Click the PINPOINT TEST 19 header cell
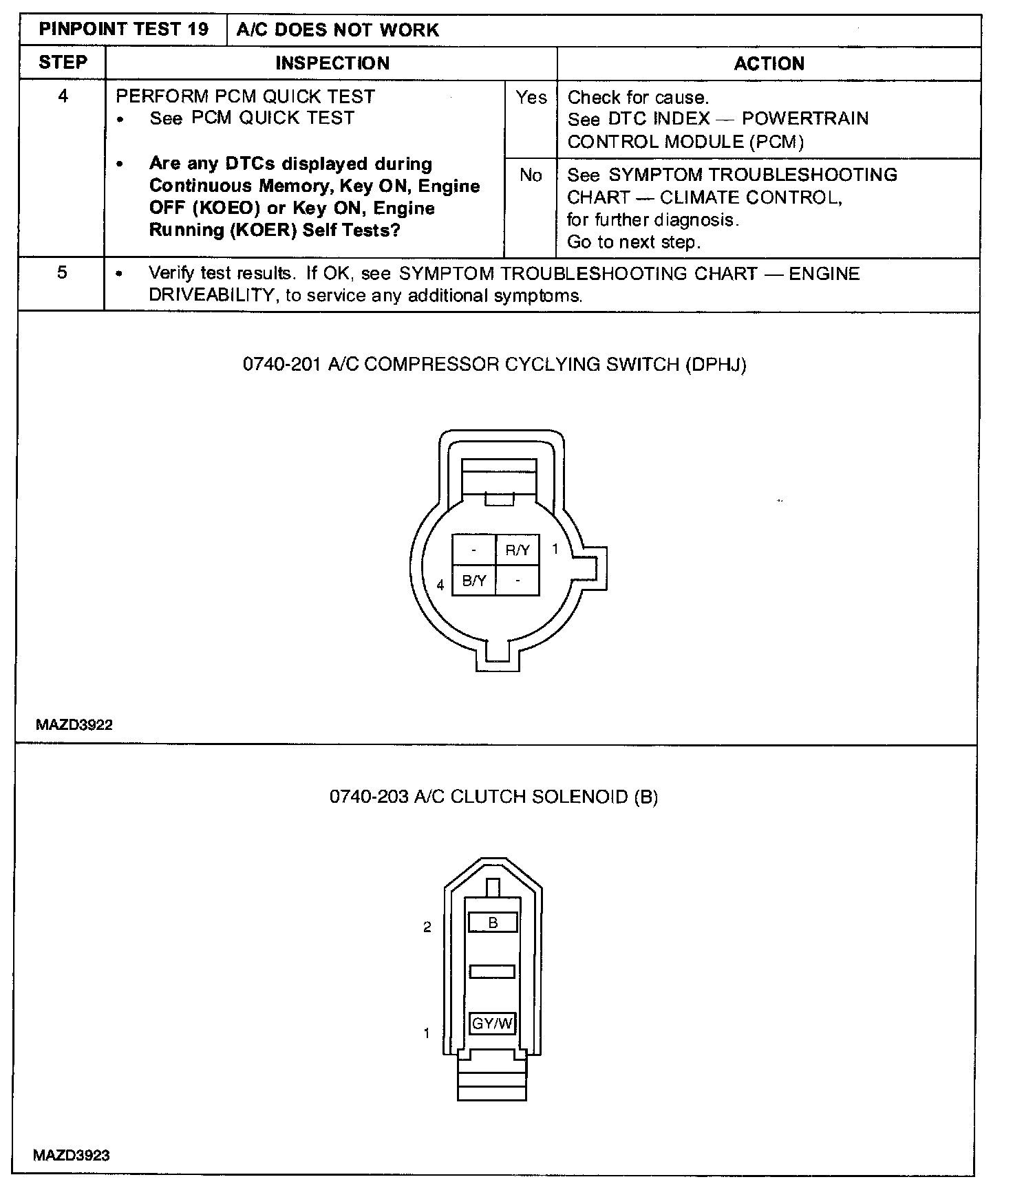click(124, 30)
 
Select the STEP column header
click(63, 63)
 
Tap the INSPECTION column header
click(332, 63)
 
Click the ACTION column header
click(769, 64)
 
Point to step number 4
click(63, 96)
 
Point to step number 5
click(62, 272)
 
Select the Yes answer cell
click(531, 98)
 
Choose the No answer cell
click(531, 175)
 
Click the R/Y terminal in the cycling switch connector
click(518, 550)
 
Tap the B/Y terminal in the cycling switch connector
click(474, 581)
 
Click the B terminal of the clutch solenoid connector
click(493, 923)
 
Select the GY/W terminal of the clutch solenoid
click(493, 1023)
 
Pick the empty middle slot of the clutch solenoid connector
click(492, 971)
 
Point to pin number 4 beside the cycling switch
click(440, 585)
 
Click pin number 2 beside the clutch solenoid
click(427, 927)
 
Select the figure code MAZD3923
click(72, 1155)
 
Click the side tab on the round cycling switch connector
click(595, 568)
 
